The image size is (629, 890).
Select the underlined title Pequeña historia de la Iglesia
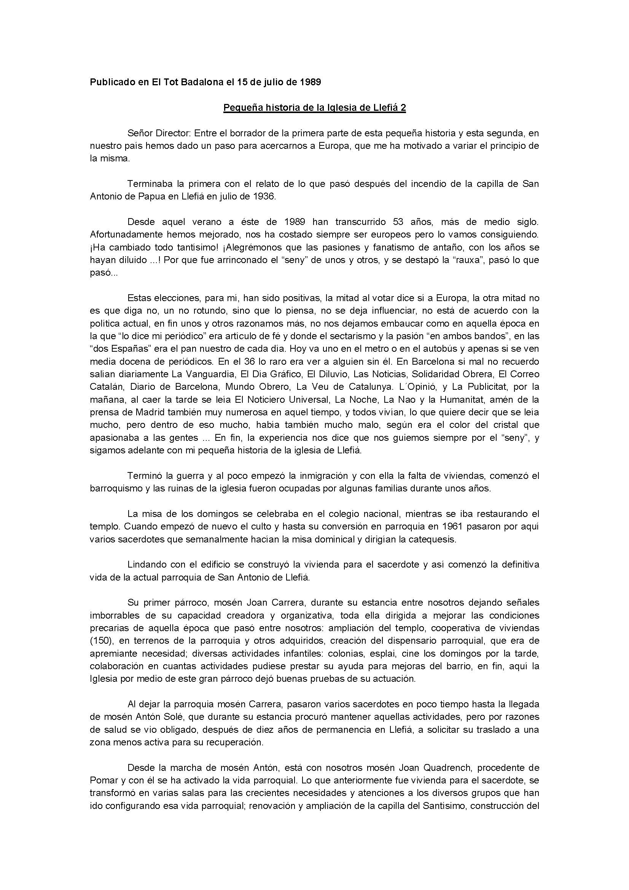point(314,108)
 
